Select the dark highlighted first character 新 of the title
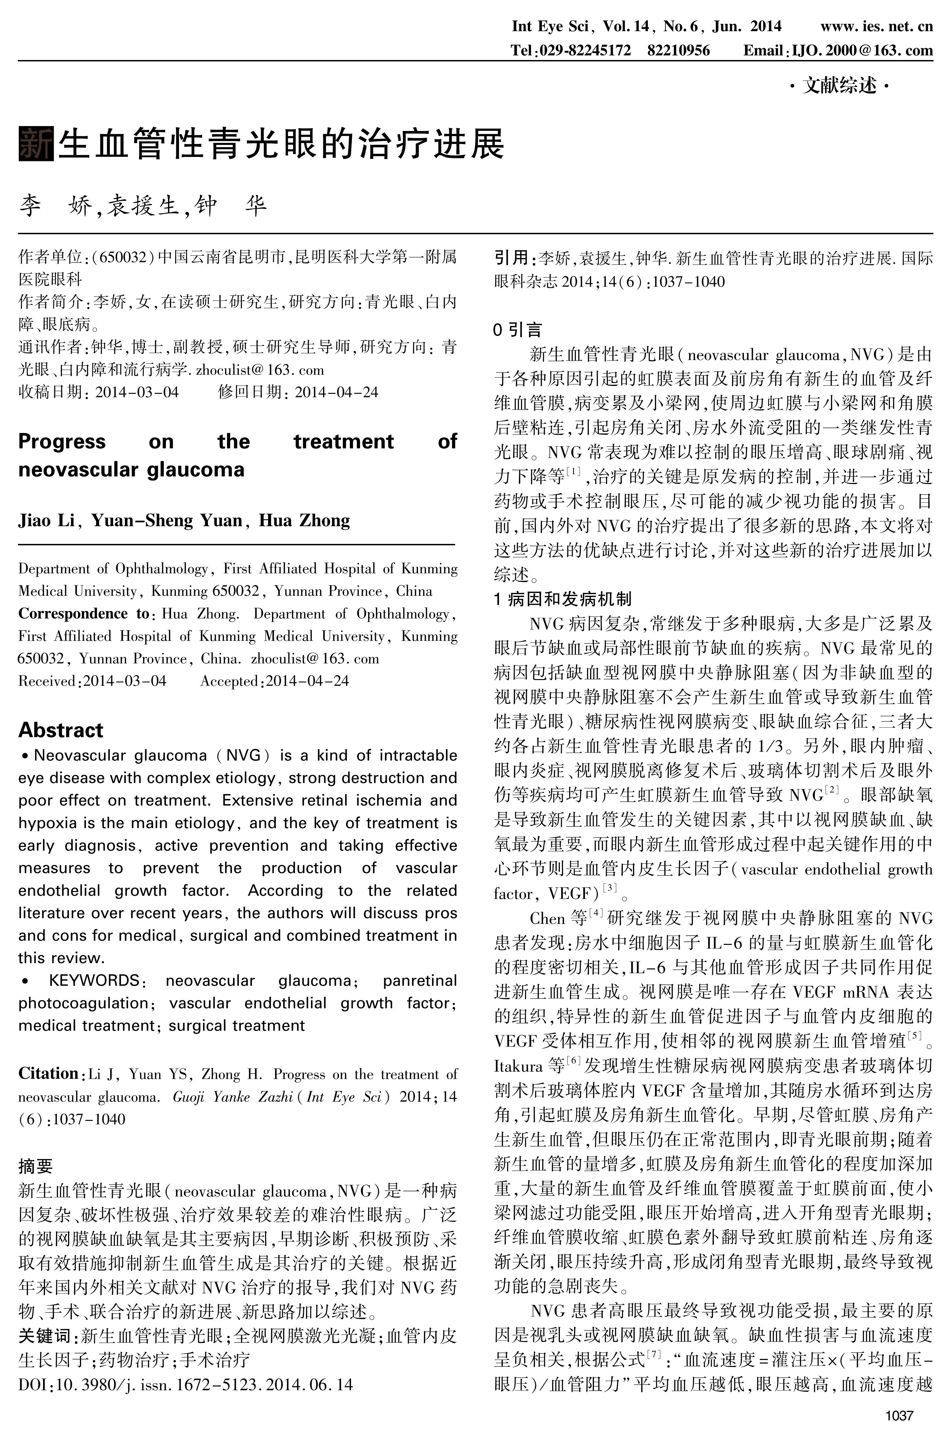click(36, 144)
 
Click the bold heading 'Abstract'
click(61, 730)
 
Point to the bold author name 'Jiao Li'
click(46, 520)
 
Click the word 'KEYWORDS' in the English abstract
click(94, 980)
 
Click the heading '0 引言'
click(517, 329)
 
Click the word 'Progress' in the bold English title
click(62, 442)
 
